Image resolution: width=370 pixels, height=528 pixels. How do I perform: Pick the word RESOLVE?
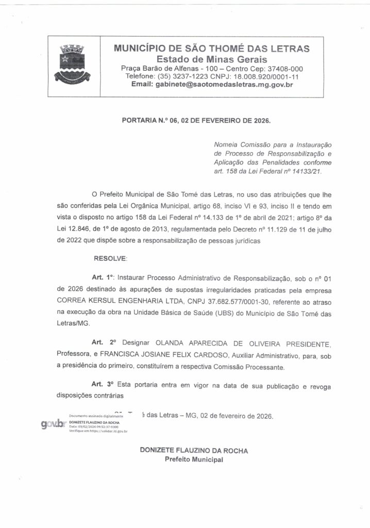point(110,257)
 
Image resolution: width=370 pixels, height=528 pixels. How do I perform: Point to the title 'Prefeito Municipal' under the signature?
point(193,459)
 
